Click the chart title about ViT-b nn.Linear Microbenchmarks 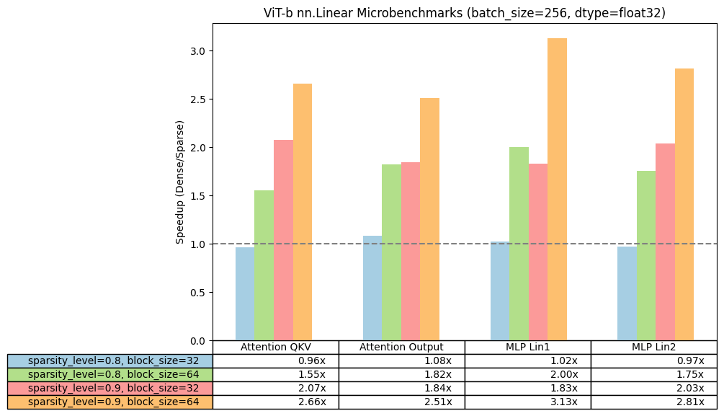click(x=465, y=12)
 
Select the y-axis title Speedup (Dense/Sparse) click(x=180, y=182)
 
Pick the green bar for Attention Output click(x=391, y=252)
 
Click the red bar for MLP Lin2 click(x=665, y=242)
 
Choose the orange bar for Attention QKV click(x=303, y=212)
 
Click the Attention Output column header click(x=401, y=347)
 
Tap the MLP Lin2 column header click(x=653, y=347)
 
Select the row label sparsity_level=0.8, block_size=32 click(x=110, y=360)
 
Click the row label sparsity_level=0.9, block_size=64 click(x=110, y=402)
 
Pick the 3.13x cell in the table click(x=527, y=402)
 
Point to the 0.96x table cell click(x=275, y=360)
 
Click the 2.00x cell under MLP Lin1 click(x=527, y=374)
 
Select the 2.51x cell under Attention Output click(x=401, y=402)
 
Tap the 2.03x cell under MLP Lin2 click(x=653, y=388)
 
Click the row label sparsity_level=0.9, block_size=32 click(x=110, y=388)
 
